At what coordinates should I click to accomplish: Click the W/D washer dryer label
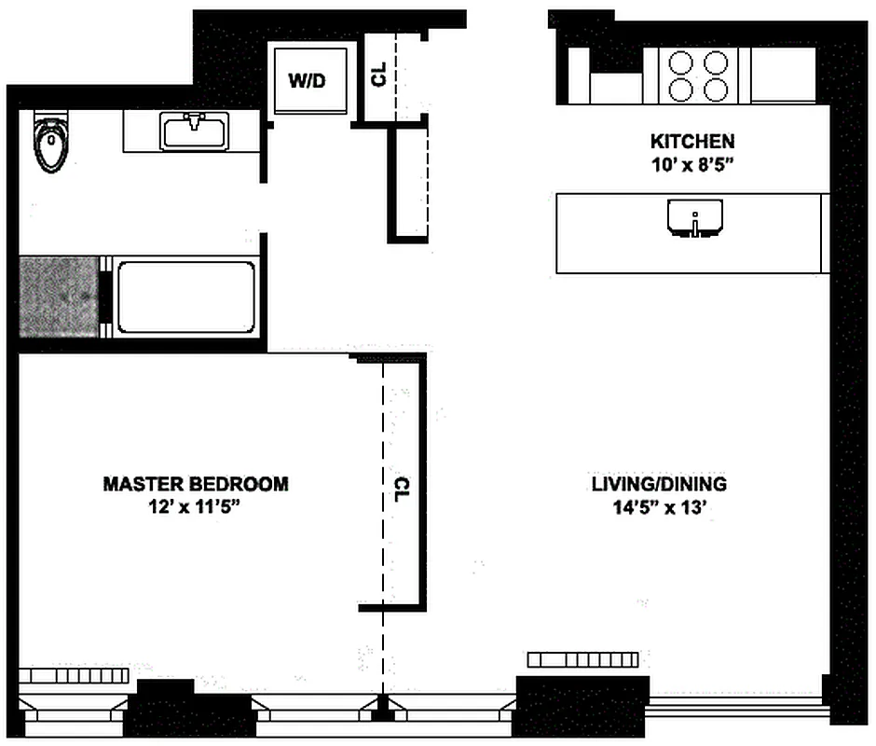(x=307, y=81)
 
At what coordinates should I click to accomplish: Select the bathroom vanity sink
(x=195, y=131)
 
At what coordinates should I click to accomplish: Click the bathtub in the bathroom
(x=185, y=297)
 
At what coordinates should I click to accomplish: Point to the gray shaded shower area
(x=59, y=297)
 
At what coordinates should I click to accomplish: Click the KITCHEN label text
(x=691, y=142)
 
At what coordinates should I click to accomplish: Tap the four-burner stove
(x=699, y=76)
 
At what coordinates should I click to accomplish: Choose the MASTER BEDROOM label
(x=195, y=484)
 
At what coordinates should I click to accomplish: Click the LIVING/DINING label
(x=658, y=485)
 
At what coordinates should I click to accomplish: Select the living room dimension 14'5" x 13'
(x=658, y=508)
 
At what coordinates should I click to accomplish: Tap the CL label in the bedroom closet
(x=402, y=489)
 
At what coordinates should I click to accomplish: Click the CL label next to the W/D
(x=379, y=76)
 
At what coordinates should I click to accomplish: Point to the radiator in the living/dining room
(x=582, y=660)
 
